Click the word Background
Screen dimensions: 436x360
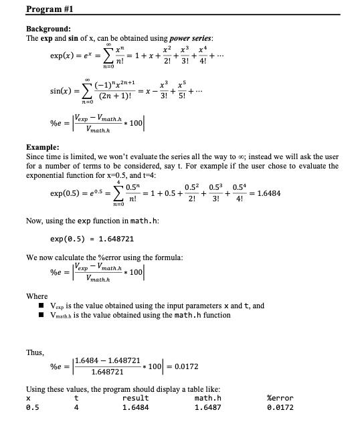[48, 29]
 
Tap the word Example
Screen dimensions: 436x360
[42, 146]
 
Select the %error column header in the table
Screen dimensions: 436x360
[280, 399]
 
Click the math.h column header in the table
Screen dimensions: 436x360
[207, 399]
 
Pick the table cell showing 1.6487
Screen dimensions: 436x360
[207, 408]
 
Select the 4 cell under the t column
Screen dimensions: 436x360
[76, 408]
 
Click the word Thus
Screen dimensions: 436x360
[35, 352]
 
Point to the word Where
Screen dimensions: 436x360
[37, 296]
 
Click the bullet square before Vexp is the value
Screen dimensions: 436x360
[41, 306]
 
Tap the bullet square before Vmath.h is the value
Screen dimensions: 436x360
[41, 316]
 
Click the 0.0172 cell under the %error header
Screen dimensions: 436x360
[280, 408]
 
